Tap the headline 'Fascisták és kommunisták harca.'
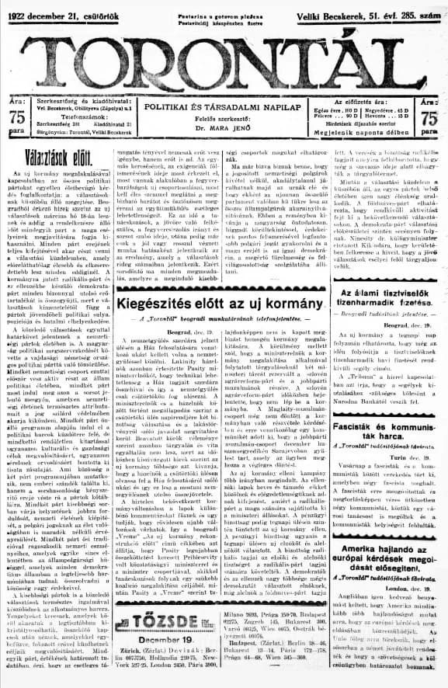[x=386, y=424]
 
